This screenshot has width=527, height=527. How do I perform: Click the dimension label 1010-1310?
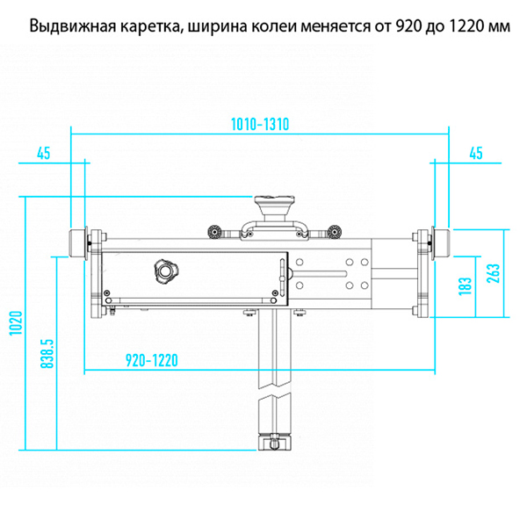click(260, 125)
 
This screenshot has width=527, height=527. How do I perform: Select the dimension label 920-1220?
click(152, 360)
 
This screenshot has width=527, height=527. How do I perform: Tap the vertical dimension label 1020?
click(16, 323)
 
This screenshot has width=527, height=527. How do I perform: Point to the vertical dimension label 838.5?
click(47, 354)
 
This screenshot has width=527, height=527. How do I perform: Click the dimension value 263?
click(494, 273)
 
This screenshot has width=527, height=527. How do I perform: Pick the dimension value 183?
click(466, 286)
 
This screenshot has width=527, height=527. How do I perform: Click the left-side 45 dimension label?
click(43, 153)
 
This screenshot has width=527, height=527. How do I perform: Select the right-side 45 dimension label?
click(475, 153)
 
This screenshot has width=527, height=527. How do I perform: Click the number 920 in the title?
click(408, 26)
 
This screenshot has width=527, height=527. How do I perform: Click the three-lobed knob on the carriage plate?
click(166, 271)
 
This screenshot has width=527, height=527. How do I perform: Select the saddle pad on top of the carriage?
click(275, 206)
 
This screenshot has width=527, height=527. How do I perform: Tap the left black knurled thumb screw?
click(213, 231)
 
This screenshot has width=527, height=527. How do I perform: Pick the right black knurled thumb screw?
click(334, 231)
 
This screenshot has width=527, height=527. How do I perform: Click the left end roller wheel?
click(77, 244)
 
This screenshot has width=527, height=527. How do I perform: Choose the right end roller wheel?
click(441, 244)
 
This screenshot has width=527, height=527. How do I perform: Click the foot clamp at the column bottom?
click(274, 442)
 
